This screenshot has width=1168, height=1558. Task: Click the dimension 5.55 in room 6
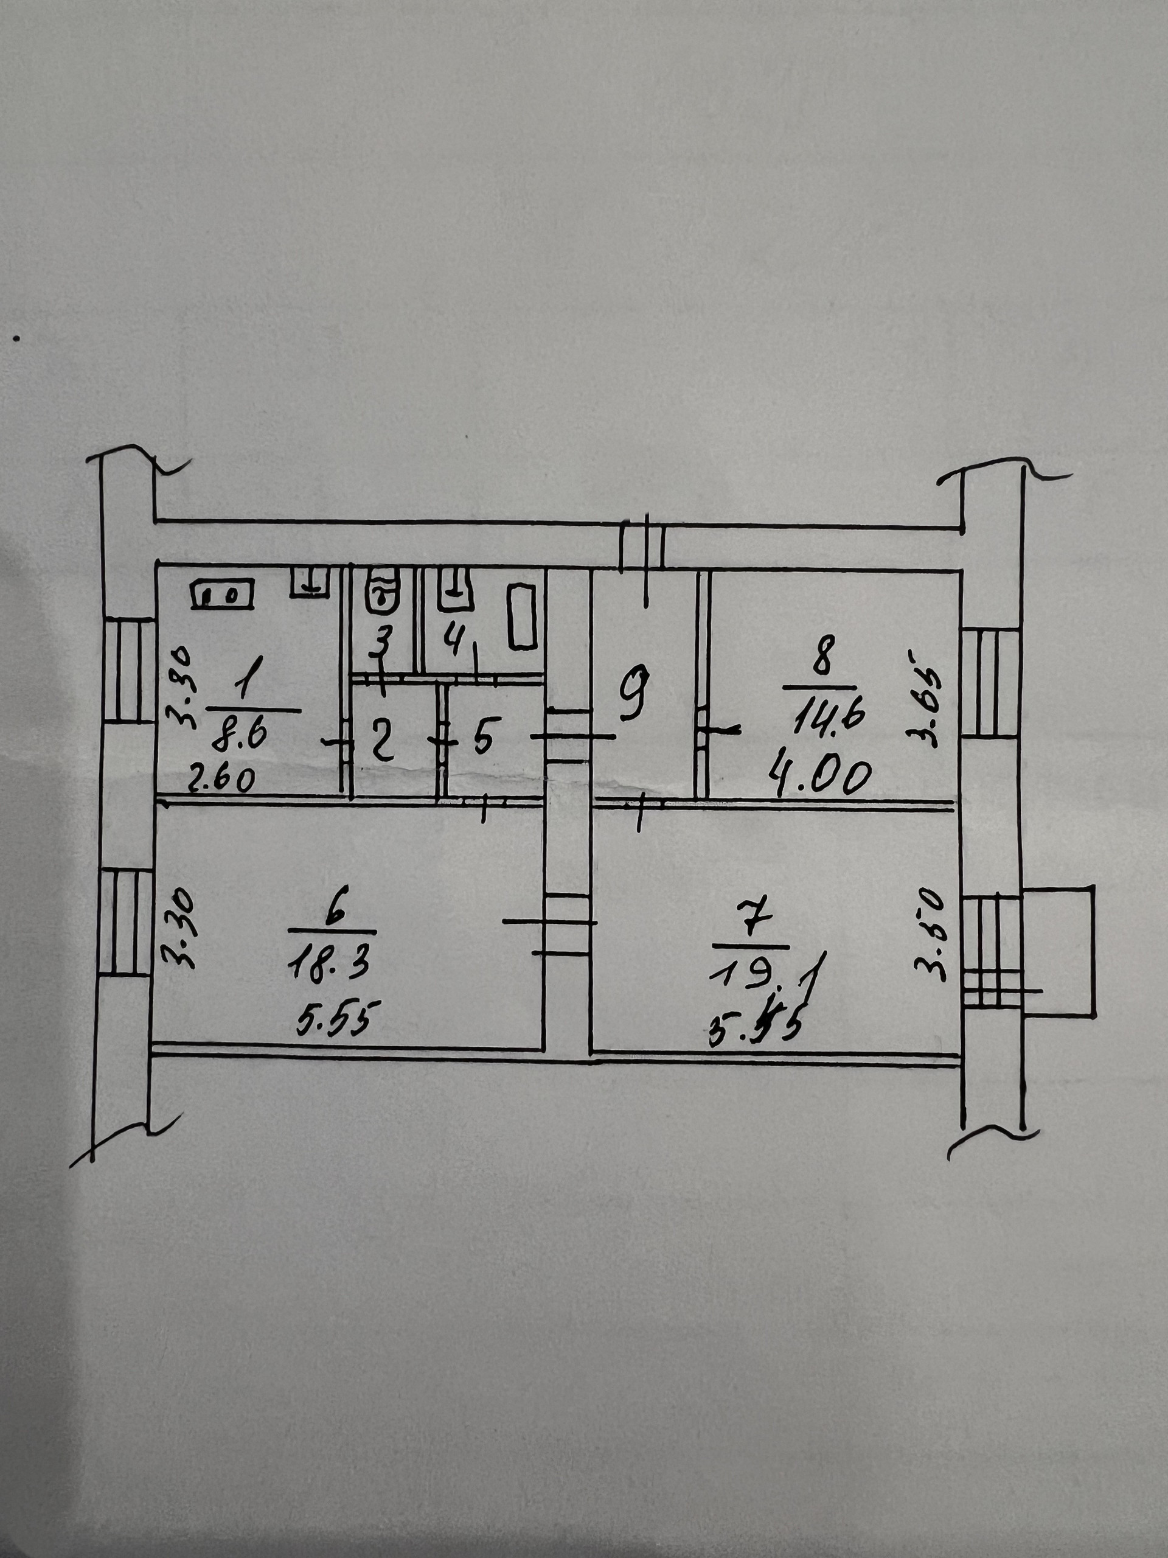[x=335, y=1017]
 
